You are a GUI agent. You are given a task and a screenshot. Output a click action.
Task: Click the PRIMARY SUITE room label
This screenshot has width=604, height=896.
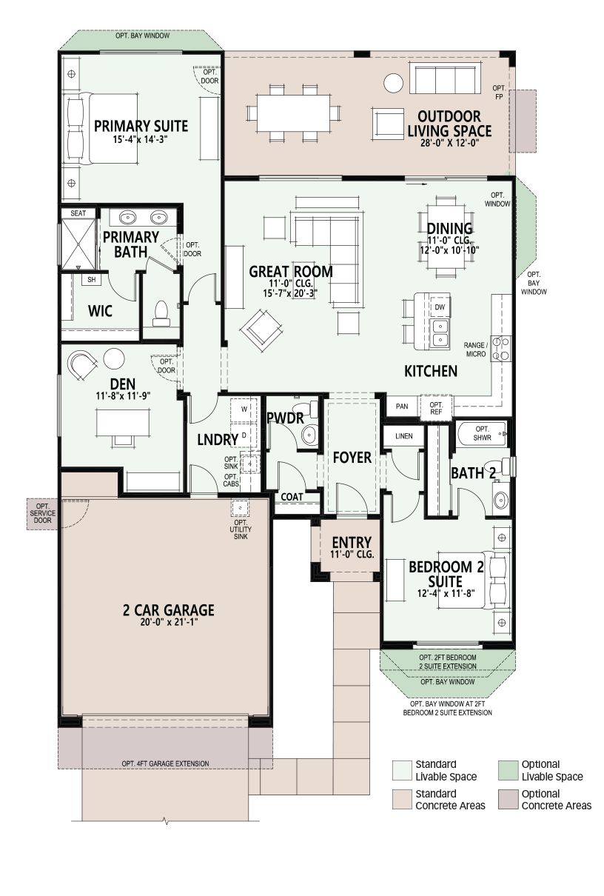pos(141,126)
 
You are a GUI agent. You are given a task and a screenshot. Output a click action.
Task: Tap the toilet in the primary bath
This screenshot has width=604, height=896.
pos(161,314)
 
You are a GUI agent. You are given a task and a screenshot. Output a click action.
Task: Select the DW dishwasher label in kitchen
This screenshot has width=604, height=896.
pos(440,307)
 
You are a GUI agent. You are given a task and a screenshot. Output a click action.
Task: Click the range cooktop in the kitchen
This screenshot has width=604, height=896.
pos(501,348)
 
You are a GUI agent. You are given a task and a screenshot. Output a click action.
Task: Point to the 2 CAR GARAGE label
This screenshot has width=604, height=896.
pos(168,610)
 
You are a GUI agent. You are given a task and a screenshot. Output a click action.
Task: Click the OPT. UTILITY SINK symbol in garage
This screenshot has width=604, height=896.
pos(240,507)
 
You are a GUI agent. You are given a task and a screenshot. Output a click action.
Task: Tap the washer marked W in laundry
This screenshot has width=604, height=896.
pos(244,409)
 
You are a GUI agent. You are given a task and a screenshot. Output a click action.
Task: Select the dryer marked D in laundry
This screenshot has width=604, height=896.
pos(244,435)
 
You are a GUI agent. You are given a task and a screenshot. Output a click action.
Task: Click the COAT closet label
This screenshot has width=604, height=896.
pos(292,497)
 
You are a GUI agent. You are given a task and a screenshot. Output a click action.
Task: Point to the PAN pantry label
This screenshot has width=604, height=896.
pos(402,407)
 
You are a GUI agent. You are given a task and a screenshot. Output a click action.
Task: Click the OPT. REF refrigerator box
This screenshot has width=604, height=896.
pos(436,407)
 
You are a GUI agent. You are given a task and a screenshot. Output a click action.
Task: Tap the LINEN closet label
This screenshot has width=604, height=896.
pos(403,436)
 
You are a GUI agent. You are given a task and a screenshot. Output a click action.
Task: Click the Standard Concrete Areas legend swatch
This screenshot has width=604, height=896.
pos(402,799)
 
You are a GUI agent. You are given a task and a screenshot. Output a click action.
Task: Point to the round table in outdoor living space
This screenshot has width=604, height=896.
pos(393,83)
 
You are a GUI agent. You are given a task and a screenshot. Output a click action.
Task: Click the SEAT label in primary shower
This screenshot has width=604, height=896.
pos(78,213)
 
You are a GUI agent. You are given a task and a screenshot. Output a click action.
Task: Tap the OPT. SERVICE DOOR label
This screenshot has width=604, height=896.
pos(42,513)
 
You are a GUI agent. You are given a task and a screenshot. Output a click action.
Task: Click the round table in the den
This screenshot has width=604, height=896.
pos(114,359)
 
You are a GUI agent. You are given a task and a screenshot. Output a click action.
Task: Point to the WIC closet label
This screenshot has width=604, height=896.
pos(100,311)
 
